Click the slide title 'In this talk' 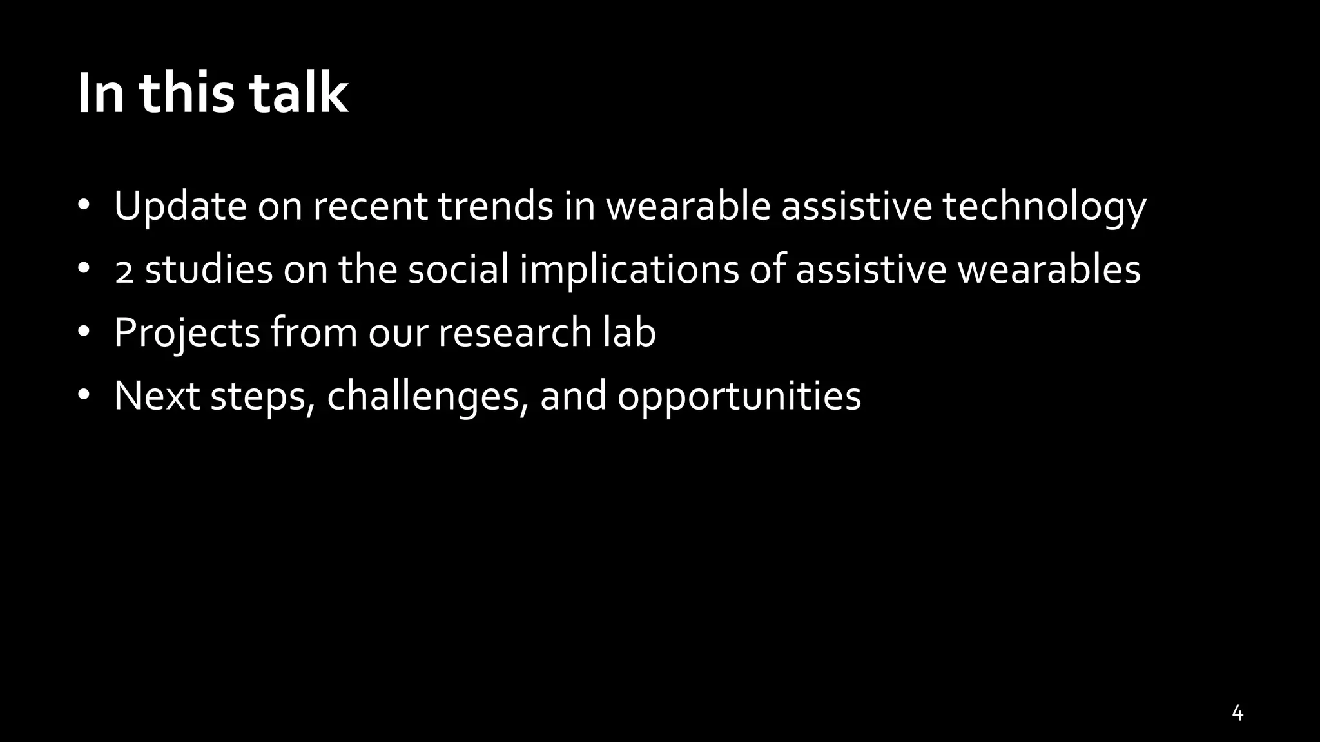pyautogui.click(x=213, y=94)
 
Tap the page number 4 pyautogui.click(x=1237, y=713)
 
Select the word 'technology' pyautogui.click(x=1044, y=206)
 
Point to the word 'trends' pyautogui.click(x=496, y=206)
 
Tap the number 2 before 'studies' pyautogui.click(x=124, y=271)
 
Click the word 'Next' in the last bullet pyautogui.click(x=157, y=395)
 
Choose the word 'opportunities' pyautogui.click(x=739, y=395)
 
